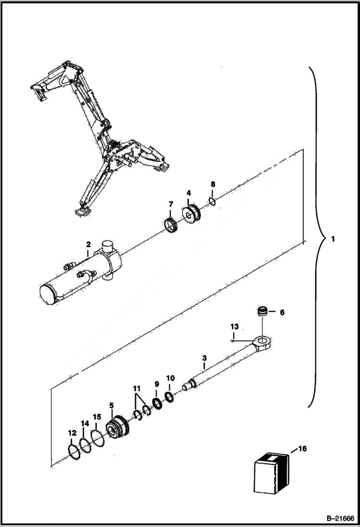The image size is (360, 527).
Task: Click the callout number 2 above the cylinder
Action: click(x=88, y=245)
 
